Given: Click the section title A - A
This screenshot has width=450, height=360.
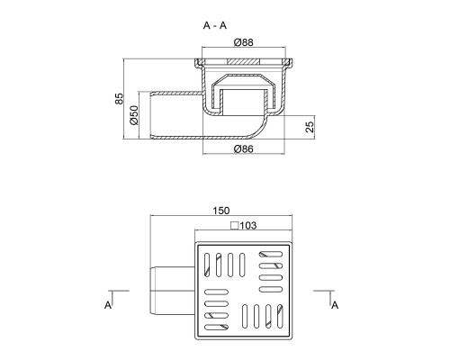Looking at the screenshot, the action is pyautogui.click(x=215, y=26).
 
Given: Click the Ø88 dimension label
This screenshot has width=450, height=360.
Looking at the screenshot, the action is pyautogui.click(x=243, y=42).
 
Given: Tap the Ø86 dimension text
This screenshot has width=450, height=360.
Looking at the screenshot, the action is pyautogui.click(x=243, y=148).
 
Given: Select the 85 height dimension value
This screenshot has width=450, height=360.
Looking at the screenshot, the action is pyautogui.click(x=119, y=99).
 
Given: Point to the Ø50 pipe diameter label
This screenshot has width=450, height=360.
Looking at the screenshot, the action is pyautogui.click(x=134, y=115).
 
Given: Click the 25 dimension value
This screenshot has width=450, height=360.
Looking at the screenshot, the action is pyautogui.click(x=310, y=127).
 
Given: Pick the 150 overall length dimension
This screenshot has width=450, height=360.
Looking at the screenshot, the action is pyautogui.click(x=221, y=211).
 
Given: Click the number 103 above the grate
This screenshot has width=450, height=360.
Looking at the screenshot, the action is pyautogui.click(x=248, y=225).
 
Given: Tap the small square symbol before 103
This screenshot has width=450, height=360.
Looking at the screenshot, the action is pyautogui.click(x=234, y=225).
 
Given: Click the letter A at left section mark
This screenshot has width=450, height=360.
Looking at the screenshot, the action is pyautogui.click(x=108, y=305).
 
